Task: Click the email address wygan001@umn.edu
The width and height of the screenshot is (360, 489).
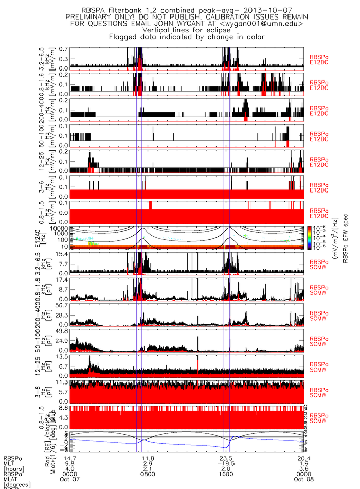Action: coord(263,23)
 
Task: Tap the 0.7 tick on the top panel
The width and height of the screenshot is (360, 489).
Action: coord(63,48)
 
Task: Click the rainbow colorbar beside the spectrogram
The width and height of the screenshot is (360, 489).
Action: coord(309,237)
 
